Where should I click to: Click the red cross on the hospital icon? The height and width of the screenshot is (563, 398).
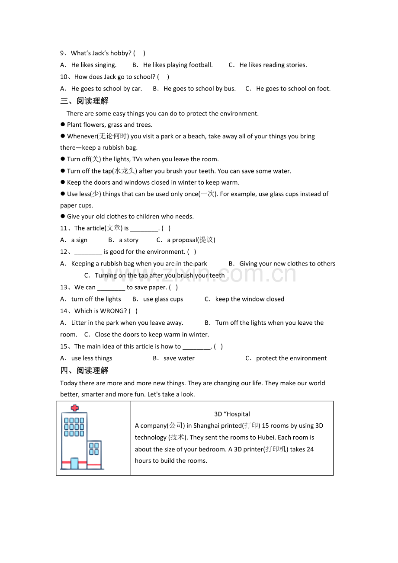point(75,408)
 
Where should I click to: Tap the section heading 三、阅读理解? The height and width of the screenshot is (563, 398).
point(84,101)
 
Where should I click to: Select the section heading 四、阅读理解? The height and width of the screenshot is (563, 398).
point(84,371)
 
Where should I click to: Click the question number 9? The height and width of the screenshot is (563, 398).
point(62,53)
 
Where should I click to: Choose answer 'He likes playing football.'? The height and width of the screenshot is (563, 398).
point(178,65)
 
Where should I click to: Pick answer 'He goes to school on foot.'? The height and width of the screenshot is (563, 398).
point(293,89)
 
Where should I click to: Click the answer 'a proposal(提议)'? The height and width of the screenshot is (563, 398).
point(191,240)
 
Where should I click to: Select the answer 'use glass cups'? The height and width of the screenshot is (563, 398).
point(163,299)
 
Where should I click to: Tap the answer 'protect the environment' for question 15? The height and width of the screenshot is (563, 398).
point(291,358)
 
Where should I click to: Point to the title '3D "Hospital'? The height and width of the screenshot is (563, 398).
point(232,414)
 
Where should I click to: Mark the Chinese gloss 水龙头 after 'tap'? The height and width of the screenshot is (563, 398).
point(125,171)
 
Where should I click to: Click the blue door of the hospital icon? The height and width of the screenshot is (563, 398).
point(74,464)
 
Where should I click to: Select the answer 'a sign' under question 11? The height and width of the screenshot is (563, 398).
point(79,240)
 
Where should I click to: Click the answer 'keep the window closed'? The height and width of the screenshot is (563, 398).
point(250,299)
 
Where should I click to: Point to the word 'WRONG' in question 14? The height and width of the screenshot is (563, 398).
point(112,311)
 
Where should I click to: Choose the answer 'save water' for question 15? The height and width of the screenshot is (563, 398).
point(179,358)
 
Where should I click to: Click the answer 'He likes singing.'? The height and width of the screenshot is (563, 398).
point(93,65)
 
